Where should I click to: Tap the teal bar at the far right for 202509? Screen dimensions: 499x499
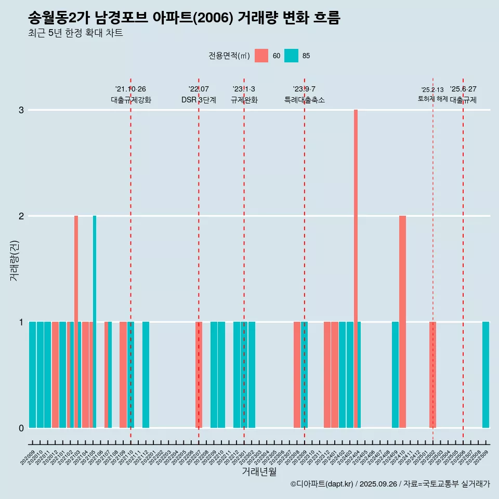[x=485, y=374]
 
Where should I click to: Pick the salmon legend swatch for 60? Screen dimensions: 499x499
[x=261, y=56]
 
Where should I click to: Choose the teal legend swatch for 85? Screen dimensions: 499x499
[x=291, y=56]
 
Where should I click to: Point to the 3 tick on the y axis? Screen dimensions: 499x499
[x=21, y=110]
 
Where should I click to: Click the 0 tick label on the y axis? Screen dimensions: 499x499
[x=21, y=428]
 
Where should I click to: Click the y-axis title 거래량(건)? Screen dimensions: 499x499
[x=14, y=260]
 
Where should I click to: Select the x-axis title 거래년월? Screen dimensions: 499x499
[x=259, y=471]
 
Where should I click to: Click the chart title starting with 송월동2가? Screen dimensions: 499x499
[x=184, y=18]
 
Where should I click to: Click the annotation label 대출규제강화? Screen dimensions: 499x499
[x=130, y=100]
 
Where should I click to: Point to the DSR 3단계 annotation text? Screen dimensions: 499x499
[x=199, y=100]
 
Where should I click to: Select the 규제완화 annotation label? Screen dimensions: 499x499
[x=244, y=100]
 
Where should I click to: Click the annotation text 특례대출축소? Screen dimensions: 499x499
[x=304, y=100]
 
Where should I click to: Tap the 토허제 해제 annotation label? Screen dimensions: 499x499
[x=432, y=99]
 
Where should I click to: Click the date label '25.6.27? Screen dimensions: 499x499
[x=463, y=89]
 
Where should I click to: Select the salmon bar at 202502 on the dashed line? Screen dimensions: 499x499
[x=432, y=374]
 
